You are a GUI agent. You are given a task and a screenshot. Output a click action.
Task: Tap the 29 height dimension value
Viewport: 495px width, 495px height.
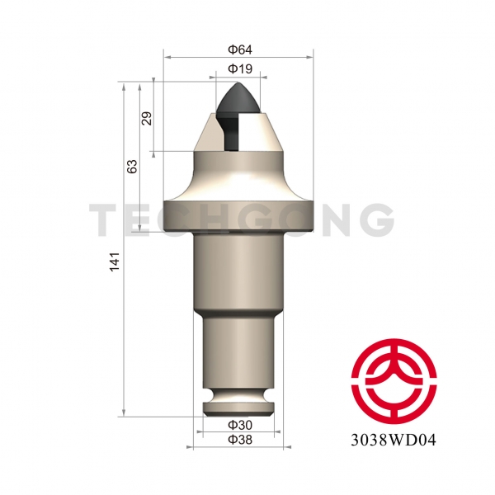pyautogui.click(x=147, y=117)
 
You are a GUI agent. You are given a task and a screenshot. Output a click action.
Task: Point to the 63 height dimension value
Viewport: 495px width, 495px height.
pyautogui.click(x=131, y=165)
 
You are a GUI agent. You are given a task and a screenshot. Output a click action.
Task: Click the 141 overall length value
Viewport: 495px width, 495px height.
pyautogui.click(x=115, y=260)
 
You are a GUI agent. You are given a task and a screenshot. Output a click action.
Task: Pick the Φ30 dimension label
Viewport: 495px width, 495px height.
pyautogui.click(x=239, y=424)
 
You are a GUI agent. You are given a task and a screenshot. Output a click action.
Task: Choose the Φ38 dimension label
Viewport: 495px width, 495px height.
pyautogui.click(x=239, y=438)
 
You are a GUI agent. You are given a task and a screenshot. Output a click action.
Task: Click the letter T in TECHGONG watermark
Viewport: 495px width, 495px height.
pyautogui.click(x=106, y=219)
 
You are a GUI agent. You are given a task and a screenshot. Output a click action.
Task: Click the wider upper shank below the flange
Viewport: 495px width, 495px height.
pyautogui.click(x=239, y=272)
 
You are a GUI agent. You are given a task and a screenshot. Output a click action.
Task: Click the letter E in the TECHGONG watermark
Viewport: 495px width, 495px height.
pyautogui.click(x=141, y=219)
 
